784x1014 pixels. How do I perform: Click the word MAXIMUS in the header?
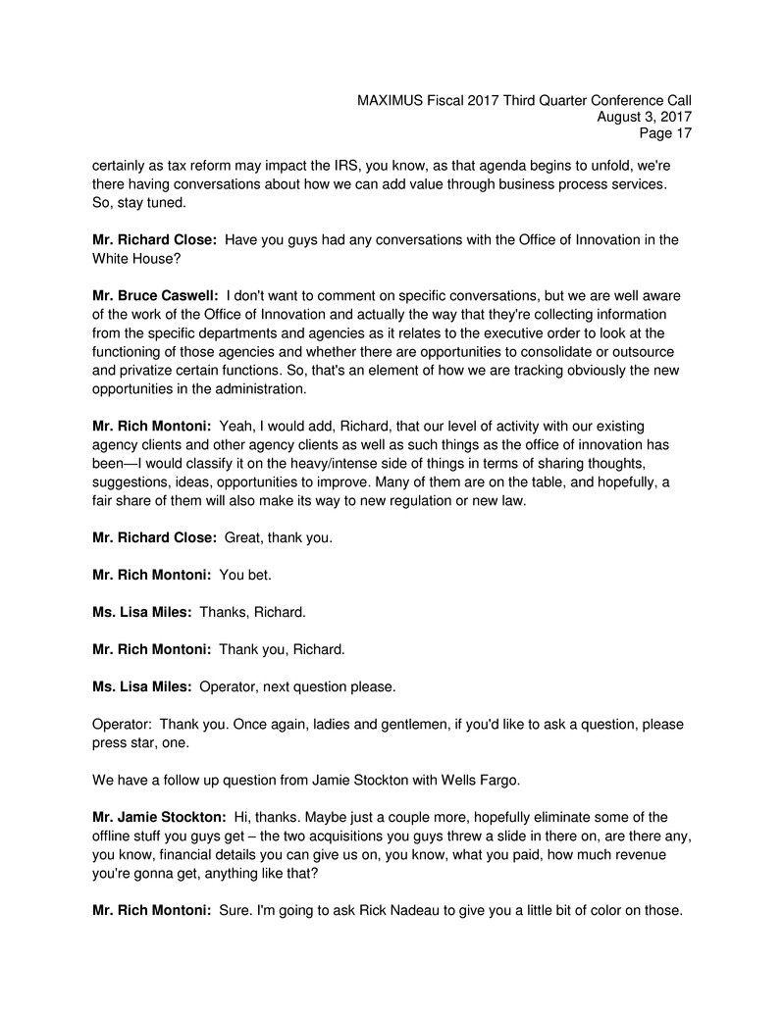click(x=390, y=100)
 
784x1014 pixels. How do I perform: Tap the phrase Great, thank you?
click(x=279, y=536)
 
